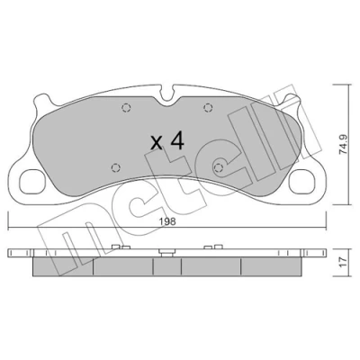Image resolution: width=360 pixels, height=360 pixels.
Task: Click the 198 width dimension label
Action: point(167,222)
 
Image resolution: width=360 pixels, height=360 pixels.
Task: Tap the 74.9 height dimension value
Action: point(344,145)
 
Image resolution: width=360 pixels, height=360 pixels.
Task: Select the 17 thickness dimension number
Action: point(344,262)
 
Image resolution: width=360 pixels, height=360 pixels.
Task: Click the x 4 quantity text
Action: point(167,141)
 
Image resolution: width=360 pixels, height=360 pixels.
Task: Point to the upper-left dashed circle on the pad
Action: point(126,107)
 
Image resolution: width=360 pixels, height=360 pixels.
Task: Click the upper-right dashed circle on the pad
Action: point(208,107)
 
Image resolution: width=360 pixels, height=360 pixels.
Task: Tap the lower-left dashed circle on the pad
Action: point(116,168)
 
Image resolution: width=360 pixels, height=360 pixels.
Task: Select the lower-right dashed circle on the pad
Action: point(219,167)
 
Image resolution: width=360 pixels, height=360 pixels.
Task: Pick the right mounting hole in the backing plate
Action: point(302,182)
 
